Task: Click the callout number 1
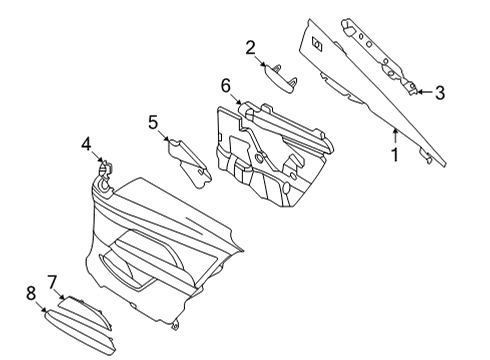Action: (394, 155)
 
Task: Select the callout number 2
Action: (251, 46)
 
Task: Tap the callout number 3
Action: (439, 93)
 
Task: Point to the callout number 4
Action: (87, 144)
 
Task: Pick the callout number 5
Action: (153, 122)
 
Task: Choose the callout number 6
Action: (227, 87)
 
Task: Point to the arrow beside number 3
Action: (424, 92)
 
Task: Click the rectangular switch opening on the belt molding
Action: (317, 45)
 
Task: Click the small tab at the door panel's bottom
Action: (175, 323)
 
